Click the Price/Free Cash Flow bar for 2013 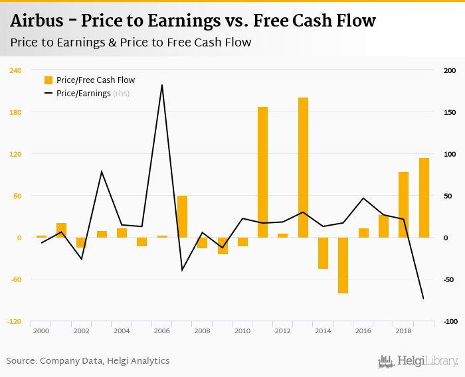coord(303,167)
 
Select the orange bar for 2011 coord(262,172)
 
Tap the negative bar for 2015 coord(343,265)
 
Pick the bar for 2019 coord(424,197)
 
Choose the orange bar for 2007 coord(182,216)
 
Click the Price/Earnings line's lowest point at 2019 coord(424,299)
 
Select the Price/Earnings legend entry coord(83,94)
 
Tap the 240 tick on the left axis coord(15,70)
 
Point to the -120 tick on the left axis coord(13,321)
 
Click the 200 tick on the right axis coord(450,70)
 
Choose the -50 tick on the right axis coord(450,279)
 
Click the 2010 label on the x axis coord(242,331)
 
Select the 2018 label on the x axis coord(403,331)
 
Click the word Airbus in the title coord(38,21)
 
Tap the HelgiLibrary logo coord(418,361)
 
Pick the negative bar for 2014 coord(323,253)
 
